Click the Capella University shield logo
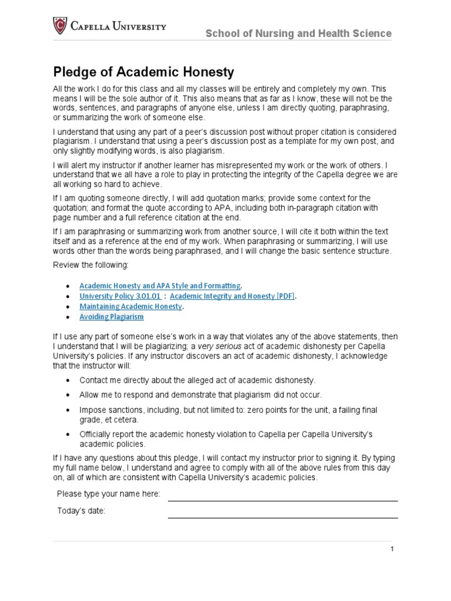(60, 26)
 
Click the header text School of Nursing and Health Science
(298, 33)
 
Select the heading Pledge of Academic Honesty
(144, 72)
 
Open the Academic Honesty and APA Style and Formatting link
(160, 286)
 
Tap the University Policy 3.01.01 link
(120, 296)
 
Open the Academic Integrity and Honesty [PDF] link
(232, 296)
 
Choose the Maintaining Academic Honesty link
(131, 306)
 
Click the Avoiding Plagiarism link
(112, 317)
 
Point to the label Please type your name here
(108, 494)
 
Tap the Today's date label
(81, 511)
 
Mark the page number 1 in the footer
(392, 549)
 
